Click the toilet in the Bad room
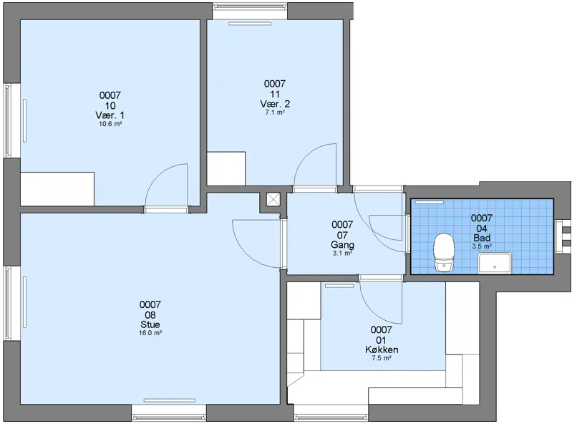444,253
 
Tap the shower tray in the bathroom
495,263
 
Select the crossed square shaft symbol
273,200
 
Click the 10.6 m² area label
110,124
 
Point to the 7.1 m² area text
275,112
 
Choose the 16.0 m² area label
150,333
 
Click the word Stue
150,324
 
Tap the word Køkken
382,350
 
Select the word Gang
342,244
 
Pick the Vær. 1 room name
110,115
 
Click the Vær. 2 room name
275,104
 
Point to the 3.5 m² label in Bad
482,246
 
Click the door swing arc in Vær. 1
160,175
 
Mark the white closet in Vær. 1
57,189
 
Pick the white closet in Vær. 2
226,168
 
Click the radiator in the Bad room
430,202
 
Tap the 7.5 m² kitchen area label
382,358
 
